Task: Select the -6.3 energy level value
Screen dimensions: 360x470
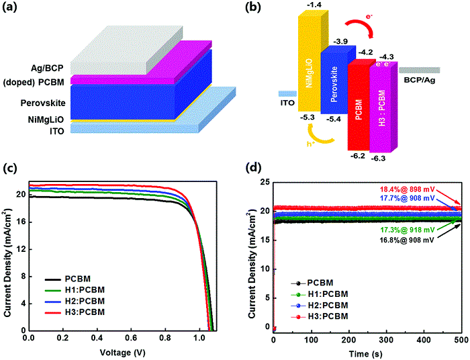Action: pos(387,158)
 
